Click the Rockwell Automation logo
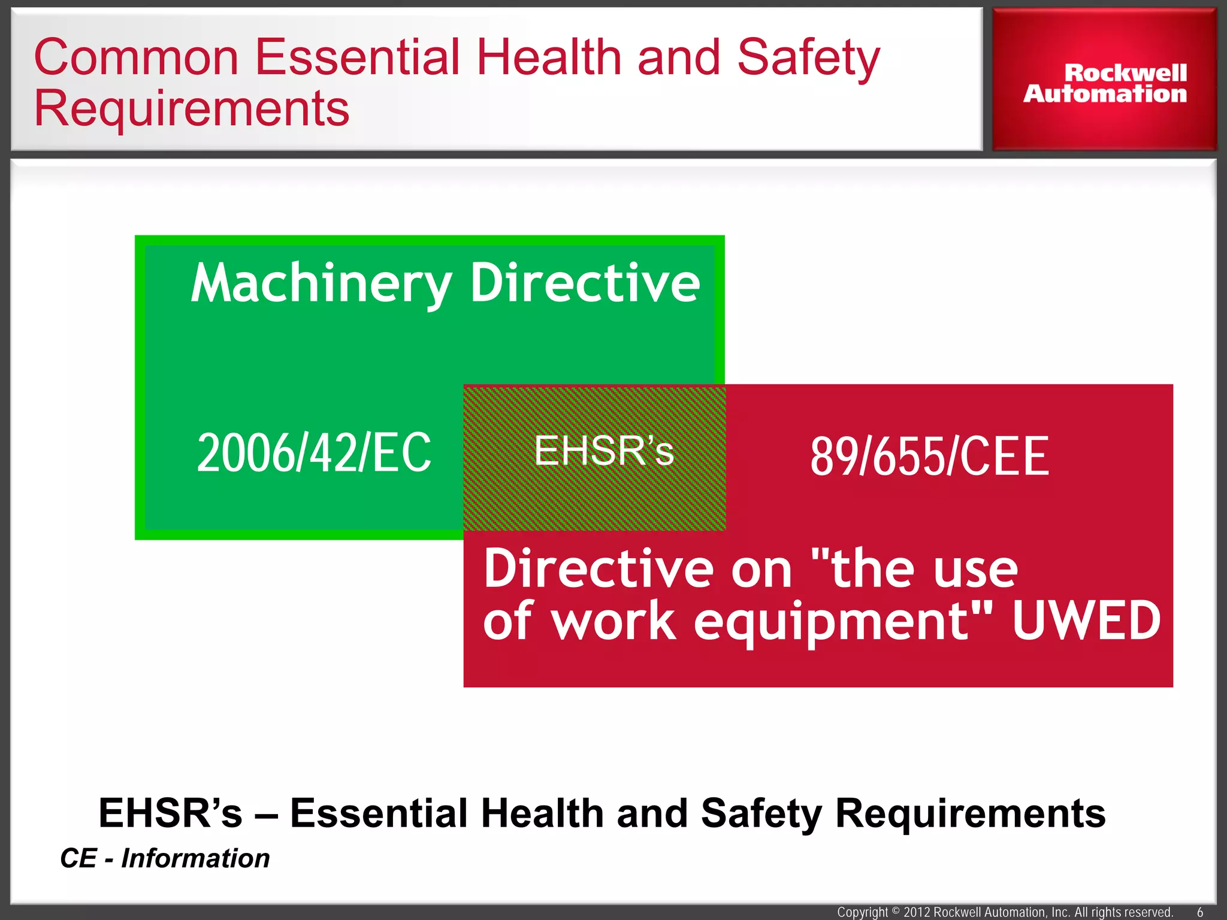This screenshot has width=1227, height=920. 1104,84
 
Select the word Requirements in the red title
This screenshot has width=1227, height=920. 192,108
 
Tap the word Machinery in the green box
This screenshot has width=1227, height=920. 321,283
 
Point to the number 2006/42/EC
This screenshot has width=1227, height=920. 314,453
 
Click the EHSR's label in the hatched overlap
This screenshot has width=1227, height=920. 603,450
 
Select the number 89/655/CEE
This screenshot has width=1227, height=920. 929,457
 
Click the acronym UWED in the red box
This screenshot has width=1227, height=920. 1086,621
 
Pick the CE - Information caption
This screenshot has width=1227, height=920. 165,858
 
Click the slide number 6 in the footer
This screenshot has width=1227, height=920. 1200,912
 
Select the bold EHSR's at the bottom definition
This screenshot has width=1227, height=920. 170,813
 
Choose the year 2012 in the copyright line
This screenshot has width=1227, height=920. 917,912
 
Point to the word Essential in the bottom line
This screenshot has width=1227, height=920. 379,813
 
